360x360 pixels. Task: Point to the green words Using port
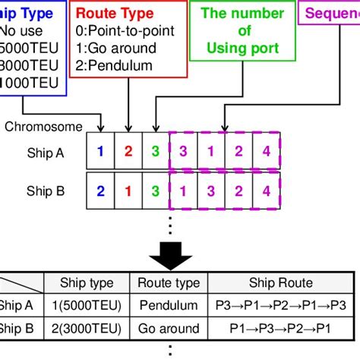[x=242, y=48]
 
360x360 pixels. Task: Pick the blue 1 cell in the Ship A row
[x=99, y=151]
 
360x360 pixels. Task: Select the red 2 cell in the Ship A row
[x=128, y=151]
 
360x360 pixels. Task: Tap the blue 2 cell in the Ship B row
[x=99, y=190]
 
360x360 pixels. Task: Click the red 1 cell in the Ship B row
[x=128, y=190]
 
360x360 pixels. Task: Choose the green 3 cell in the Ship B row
[x=156, y=190]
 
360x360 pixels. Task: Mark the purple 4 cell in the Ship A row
[x=266, y=151]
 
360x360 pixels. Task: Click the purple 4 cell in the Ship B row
[x=266, y=190]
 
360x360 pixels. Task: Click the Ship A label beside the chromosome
[x=44, y=151]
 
